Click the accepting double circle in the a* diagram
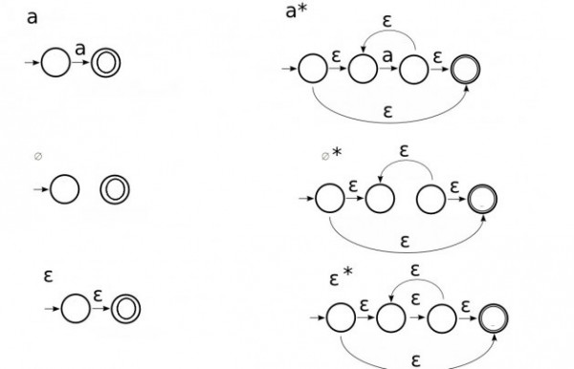click(468, 69)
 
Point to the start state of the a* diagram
click(312, 69)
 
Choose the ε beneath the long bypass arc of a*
click(387, 110)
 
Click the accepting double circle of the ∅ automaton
click(114, 189)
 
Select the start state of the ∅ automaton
click(64, 189)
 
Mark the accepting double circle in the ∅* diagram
click(483, 198)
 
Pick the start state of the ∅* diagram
click(329, 198)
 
